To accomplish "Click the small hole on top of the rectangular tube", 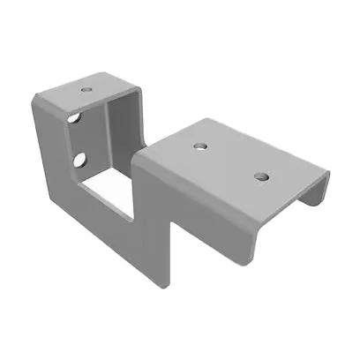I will point(86,89).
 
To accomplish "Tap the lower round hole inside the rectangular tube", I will point(79,160).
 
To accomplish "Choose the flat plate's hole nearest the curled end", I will point(260,176).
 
